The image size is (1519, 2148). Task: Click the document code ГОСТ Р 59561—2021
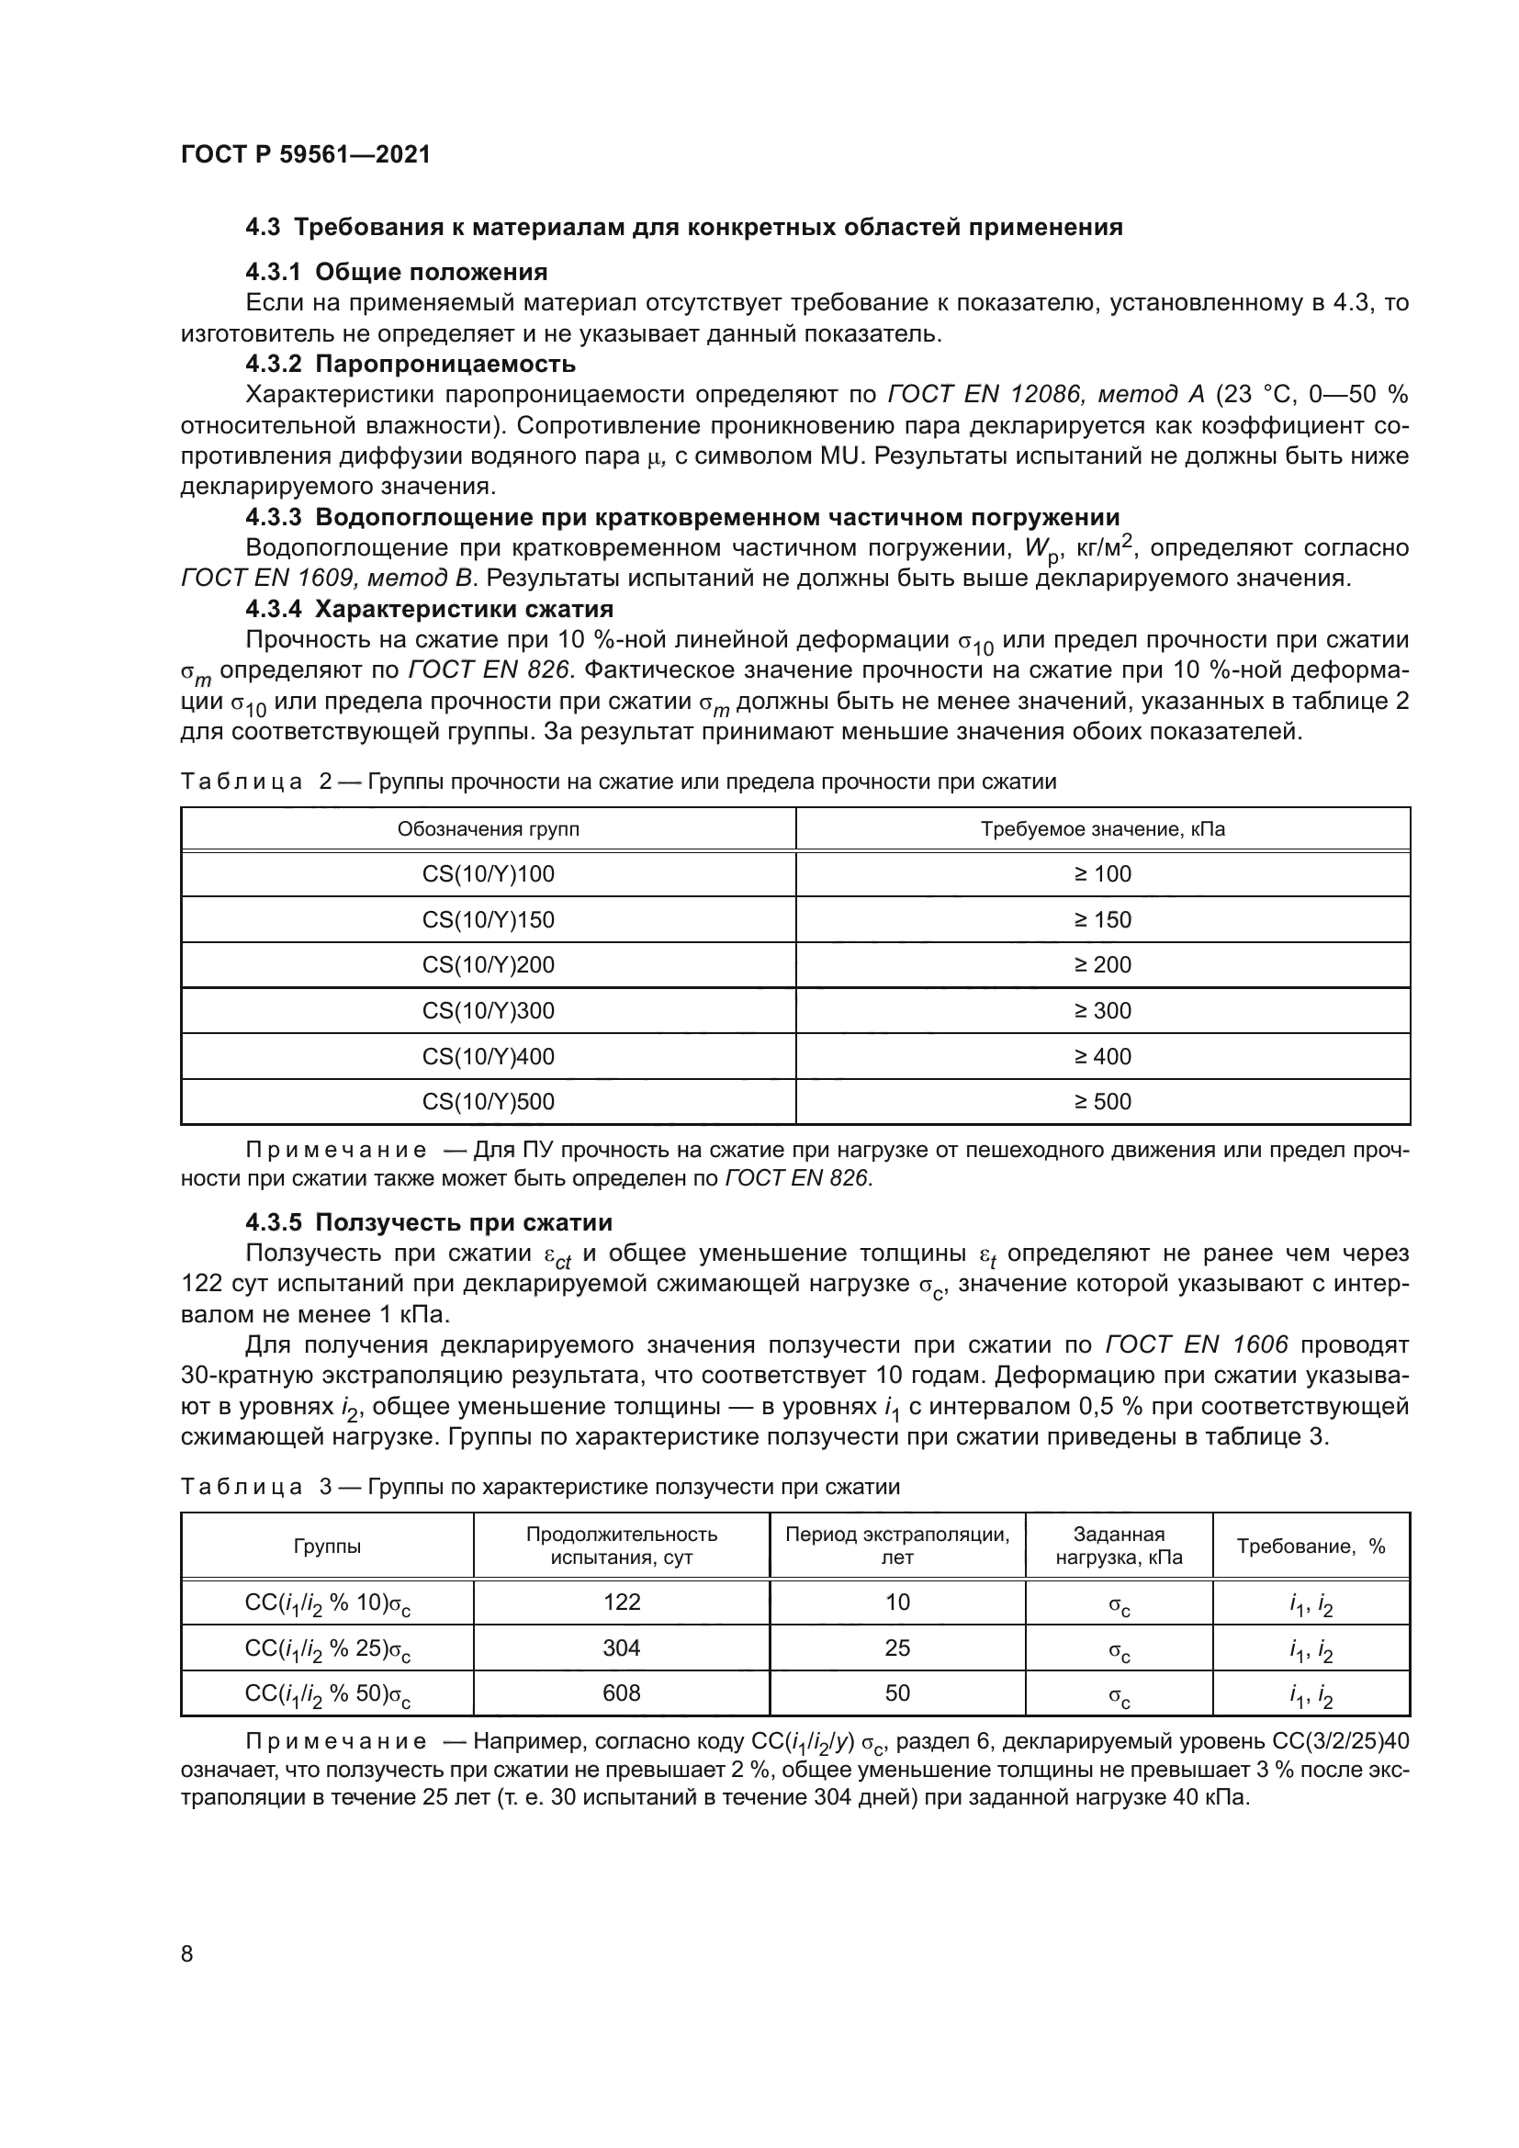305,154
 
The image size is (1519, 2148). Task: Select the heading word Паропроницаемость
445,363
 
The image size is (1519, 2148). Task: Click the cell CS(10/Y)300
489,1010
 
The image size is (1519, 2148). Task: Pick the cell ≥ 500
1102,1101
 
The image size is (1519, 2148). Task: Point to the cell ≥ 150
1102,919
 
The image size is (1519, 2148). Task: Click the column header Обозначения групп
489,829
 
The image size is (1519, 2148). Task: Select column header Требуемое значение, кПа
1102,829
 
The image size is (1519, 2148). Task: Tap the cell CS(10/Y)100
489,873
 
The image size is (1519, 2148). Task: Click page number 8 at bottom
187,1953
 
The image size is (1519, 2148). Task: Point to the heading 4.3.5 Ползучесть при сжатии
428,1221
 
